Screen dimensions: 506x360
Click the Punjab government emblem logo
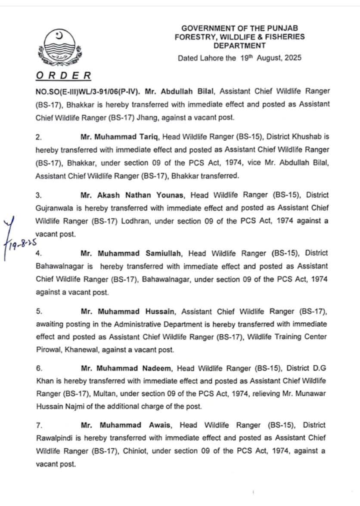point(60,46)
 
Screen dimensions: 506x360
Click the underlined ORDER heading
point(63,76)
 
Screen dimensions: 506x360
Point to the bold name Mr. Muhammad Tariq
point(114,137)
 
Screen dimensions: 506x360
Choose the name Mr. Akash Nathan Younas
point(133,195)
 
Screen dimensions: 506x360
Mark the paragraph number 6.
point(38,368)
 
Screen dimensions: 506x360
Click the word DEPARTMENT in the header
point(239,45)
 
